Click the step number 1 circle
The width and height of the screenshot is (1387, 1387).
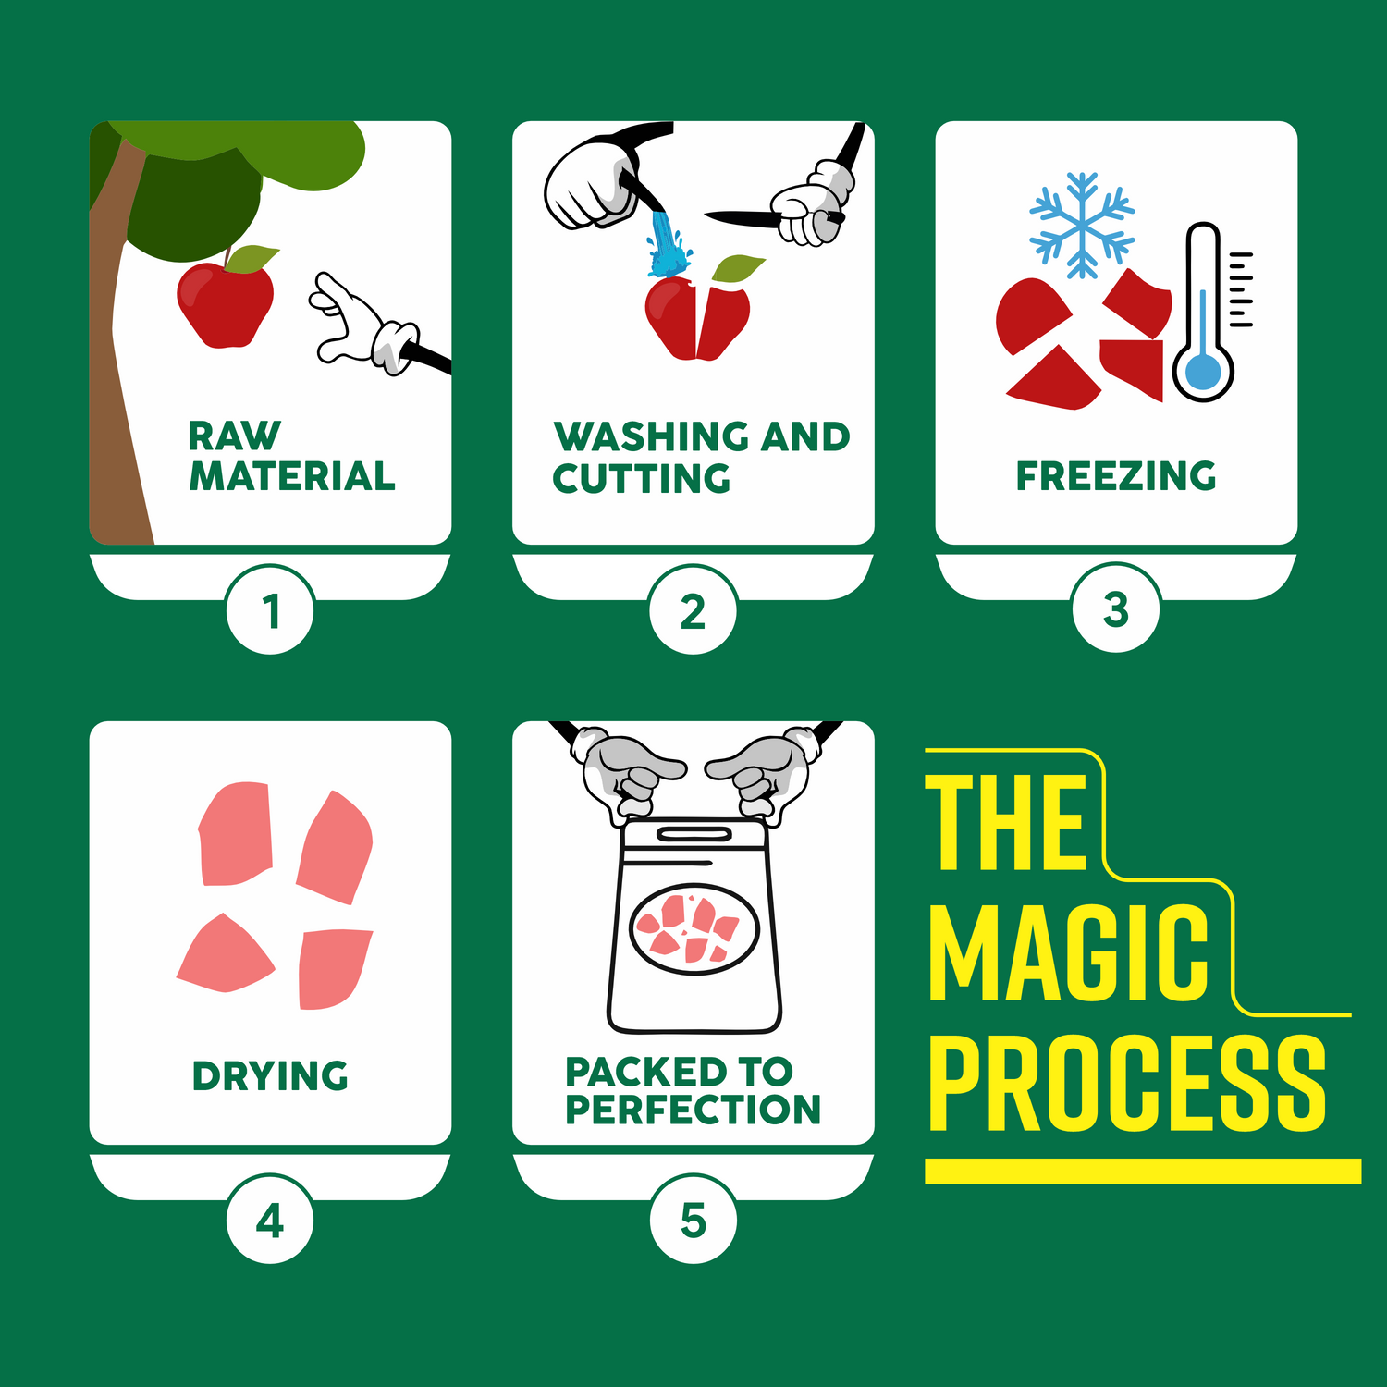(x=270, y=610)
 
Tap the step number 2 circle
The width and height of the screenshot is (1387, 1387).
(x=693, y=610)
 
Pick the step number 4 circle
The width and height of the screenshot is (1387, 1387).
(x=270, y=1220)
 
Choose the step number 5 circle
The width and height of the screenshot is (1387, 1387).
(x=693, y=1220)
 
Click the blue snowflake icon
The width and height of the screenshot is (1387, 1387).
(x=1082, y=225)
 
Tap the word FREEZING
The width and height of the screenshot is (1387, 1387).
(x=1116, y=475)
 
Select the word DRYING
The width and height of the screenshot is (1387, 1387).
(x=270, y=1076)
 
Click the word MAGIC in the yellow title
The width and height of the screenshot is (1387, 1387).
(x=1068, y=952)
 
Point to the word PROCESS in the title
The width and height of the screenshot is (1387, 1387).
(x=1127, y=1083)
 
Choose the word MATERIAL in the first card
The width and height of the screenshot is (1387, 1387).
(x=292, y=475)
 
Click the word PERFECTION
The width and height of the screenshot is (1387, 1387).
(x=693, y=1110)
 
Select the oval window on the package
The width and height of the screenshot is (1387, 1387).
(x=694, y=929)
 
